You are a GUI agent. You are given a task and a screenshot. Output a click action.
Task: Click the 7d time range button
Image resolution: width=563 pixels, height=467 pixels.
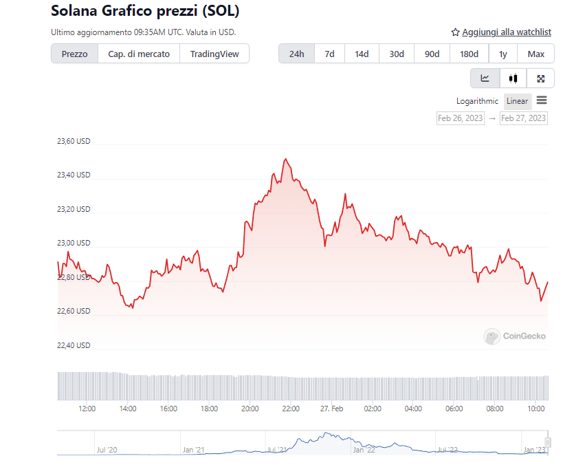(x=329, y=54)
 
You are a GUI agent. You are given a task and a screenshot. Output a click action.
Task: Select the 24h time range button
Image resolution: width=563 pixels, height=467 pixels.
(x=296, y=54)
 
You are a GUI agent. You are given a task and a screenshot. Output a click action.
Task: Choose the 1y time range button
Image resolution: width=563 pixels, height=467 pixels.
(x=503, y=54)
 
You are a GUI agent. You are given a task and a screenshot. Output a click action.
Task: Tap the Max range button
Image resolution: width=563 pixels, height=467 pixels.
(x=536, y=54)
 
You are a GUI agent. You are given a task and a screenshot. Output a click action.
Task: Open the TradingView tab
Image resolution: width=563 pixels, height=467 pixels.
(x=214, y=54)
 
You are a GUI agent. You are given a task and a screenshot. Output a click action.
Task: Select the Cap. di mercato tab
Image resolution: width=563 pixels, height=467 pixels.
(x=139, y=54)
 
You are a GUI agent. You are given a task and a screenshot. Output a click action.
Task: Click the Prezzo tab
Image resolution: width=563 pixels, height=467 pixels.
(x=74, y=54)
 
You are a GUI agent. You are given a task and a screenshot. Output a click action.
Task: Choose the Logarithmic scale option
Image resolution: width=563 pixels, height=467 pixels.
(x=477, y=101)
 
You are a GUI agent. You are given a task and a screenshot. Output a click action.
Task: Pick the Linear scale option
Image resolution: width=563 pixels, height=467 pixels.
(x=517, y=101)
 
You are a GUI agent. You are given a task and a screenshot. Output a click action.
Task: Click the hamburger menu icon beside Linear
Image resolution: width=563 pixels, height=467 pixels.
(x=542, y=100)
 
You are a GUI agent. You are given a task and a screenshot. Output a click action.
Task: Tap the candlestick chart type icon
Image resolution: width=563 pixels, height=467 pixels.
(x=513, y=78)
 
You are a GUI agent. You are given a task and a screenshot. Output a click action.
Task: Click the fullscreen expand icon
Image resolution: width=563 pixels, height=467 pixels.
(x=541, y=78)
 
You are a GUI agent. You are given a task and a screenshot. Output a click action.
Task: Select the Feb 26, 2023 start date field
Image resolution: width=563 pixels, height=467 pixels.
(x=461, y=118)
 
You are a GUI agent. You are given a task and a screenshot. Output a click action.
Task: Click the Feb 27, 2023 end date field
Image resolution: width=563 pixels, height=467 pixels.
(x=524, y=118)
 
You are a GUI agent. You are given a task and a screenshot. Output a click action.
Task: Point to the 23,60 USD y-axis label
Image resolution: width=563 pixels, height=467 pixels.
(x=74, y=142)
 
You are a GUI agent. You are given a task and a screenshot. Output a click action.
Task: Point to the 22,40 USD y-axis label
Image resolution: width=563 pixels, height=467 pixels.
(x=74, y=345)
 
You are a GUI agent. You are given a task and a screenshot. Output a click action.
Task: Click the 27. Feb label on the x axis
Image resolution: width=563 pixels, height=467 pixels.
(x=332, y=409)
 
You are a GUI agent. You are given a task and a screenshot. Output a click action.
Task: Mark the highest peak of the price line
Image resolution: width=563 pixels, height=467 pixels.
(x=285, y=159)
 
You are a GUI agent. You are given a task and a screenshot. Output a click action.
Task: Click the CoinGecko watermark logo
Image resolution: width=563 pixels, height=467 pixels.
(x=515, y=336)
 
